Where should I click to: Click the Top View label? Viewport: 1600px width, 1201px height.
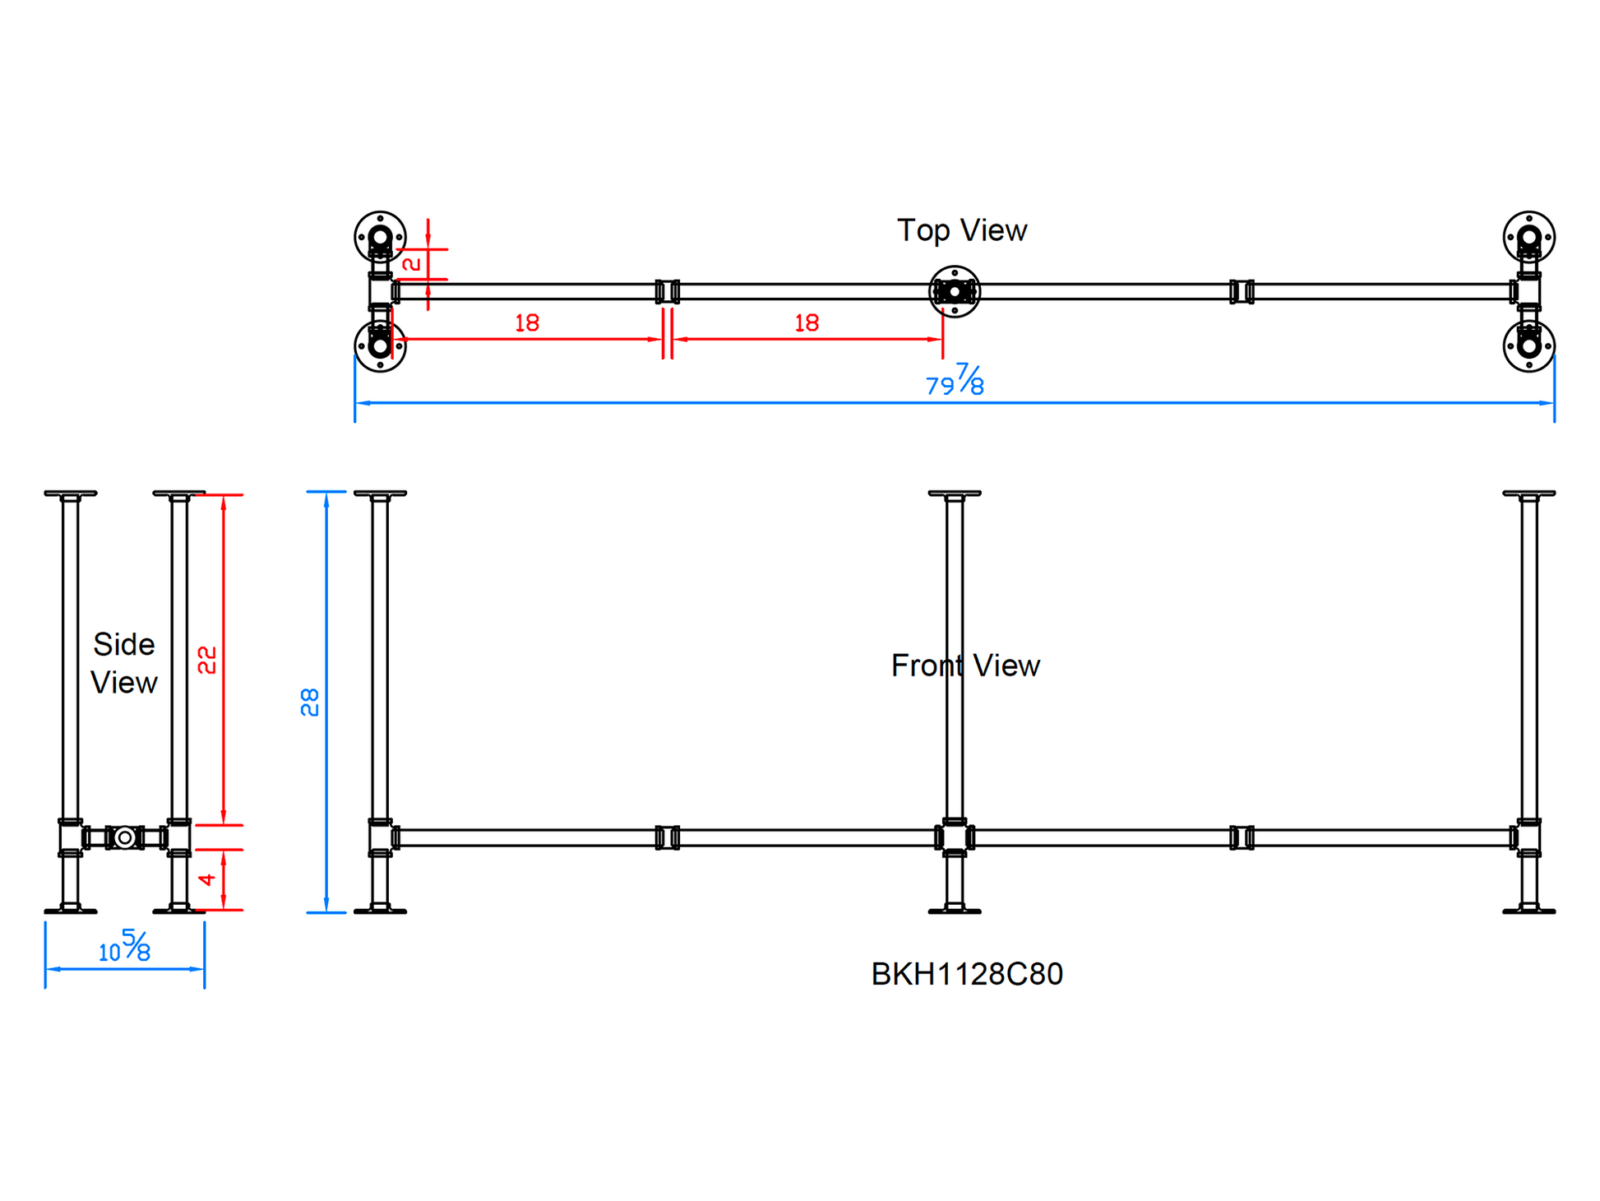(x=961, y=230)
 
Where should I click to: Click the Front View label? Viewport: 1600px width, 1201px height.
(x=965, y=665)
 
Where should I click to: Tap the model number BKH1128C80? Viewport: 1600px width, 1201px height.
(x=966, y=974)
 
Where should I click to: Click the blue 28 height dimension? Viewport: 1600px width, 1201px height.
(x=310, y=702)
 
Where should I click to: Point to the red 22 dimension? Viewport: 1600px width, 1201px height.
(x=207, y=660)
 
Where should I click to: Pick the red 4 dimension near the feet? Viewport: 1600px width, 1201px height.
(x=207, y=879)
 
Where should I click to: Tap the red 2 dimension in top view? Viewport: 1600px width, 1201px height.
(x=411, y=264)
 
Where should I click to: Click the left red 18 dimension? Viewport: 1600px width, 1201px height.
(x=527, y=323)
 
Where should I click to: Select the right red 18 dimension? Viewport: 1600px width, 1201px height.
(x=807, y=323)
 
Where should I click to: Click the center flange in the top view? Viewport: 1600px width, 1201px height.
(x=954, y=291)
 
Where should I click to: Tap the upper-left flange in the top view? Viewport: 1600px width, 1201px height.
(x=380, y=237)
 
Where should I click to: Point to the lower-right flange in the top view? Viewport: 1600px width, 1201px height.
(x=1528, y=346)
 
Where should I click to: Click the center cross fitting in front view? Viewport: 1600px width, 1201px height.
(x=954, y=837)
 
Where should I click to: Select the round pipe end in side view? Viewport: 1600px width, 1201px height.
(x=125, y=837)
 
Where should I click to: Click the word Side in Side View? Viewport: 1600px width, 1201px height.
(x=123, y=644)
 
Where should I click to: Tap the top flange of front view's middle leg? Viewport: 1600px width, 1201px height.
(x=954, y=494)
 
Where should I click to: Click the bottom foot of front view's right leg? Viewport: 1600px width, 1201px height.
(x=1528, y=910)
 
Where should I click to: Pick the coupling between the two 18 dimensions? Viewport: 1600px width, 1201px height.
(x=667, y=291)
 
